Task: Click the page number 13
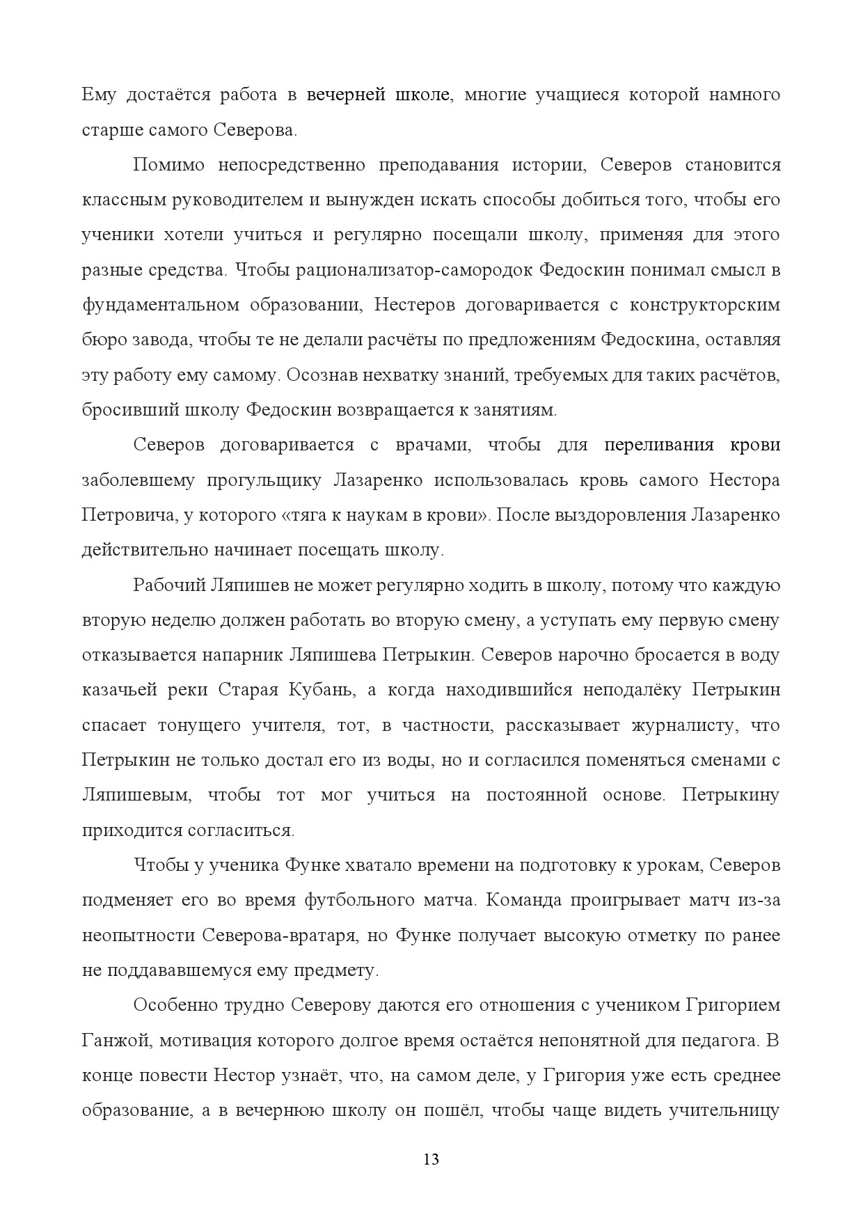(x=431, y=1160)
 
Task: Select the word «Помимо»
(x=168, y=165)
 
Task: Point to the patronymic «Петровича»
(x=125, y=516)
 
